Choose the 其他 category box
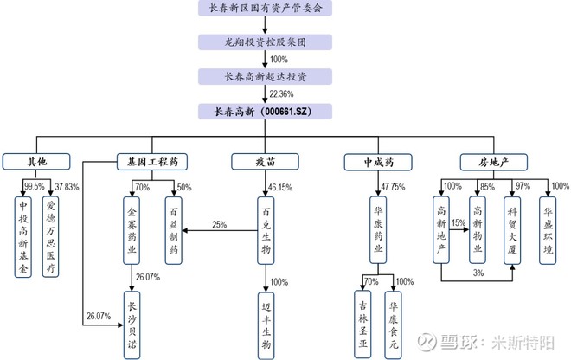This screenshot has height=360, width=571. (x=35, y=161)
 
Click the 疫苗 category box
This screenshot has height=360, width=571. (x=266, y=161)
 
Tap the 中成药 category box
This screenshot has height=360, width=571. (x=377, y=161)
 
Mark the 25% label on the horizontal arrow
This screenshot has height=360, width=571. (x=219, y=224)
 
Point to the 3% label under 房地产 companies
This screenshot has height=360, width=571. (x=478, y=273)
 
